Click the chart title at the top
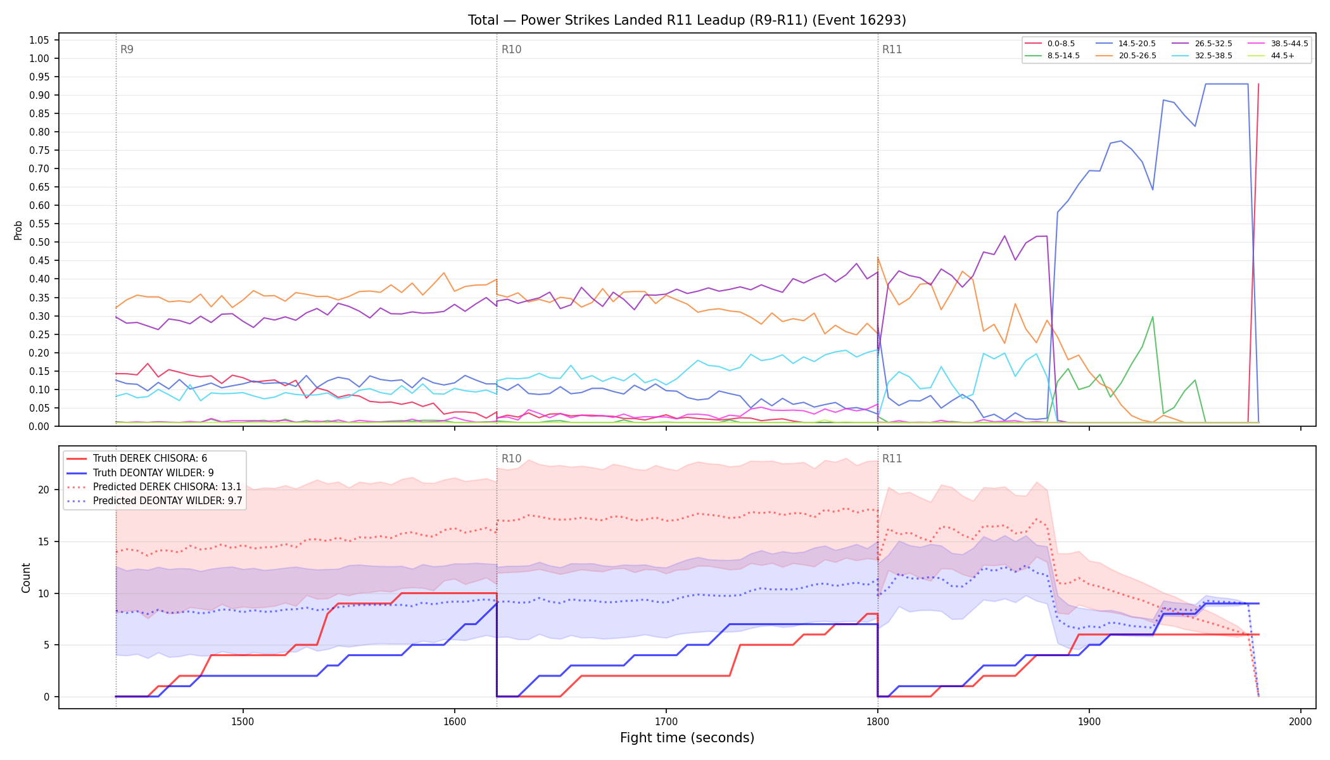pos(687,20)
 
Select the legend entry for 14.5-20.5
pos(1127,44)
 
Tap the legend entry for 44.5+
pos(1272,56)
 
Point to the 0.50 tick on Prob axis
pos(39,242)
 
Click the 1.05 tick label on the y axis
pos(39,40)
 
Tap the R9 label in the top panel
pos(127,49)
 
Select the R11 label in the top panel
pos(892,49)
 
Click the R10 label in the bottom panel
pos(511,459)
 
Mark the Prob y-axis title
pos(18,230)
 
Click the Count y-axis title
pos(26,578)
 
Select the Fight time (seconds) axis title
pos(687,738)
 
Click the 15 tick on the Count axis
pos(44,541)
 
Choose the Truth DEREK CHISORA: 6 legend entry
pos(149,459)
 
